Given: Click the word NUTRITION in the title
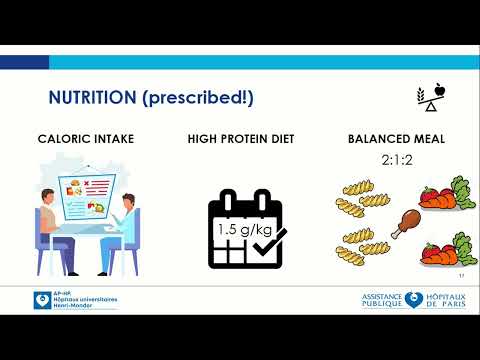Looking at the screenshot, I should pyautogui.click(x=93, y=97).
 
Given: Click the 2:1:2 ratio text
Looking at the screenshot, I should pyautogui.click(x=397, y=159).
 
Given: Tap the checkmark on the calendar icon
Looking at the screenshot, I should pyautogui.click(x=270, y=240).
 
